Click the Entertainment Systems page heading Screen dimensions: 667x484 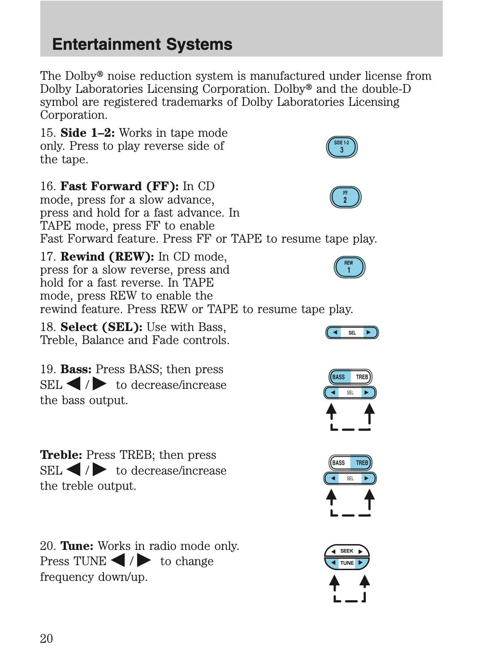pyautogui.click(x=142, y=44)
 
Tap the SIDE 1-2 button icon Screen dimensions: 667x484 pyautogui.click(x=341, y=147)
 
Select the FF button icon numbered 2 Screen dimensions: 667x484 pyautogui.click(x=345, y=197)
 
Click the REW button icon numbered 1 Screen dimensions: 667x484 pyautogui.click(x=349, y=267)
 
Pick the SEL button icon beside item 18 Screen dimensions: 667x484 pyautogui.click(x=352, y=333)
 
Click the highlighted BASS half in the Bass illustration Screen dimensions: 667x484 pyautogui.click(x=339, y=377)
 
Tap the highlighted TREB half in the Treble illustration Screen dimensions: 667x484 pyautogui.click(x=362, y=463)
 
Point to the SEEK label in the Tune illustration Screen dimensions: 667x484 pyautogui.click(x=346, y=551)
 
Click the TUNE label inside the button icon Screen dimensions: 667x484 pyautogui.click(x=347, y=563)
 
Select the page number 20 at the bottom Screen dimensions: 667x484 pyautogui.click(x=46, y=639)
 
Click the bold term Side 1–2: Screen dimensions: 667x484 pyautogui.click(x=87, y=133)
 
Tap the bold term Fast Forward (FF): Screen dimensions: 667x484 pyautogui.click(x=119, y=187)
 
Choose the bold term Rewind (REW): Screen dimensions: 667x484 pyautogui.click(x=107, y=257)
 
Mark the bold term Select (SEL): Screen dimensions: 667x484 pyautogui.click(x=101, y=327)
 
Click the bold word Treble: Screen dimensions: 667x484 pyautogui.click(x=61, y=455)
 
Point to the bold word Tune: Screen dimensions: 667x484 pyautogui.click(x=77, y=546)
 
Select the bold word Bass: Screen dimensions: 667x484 pyautogui.click(x=76, y=370)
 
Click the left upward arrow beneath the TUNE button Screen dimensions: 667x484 pyautogui.click(x=334, y=583)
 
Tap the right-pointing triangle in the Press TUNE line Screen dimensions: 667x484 pyautogui.click(x=144, y=561)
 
